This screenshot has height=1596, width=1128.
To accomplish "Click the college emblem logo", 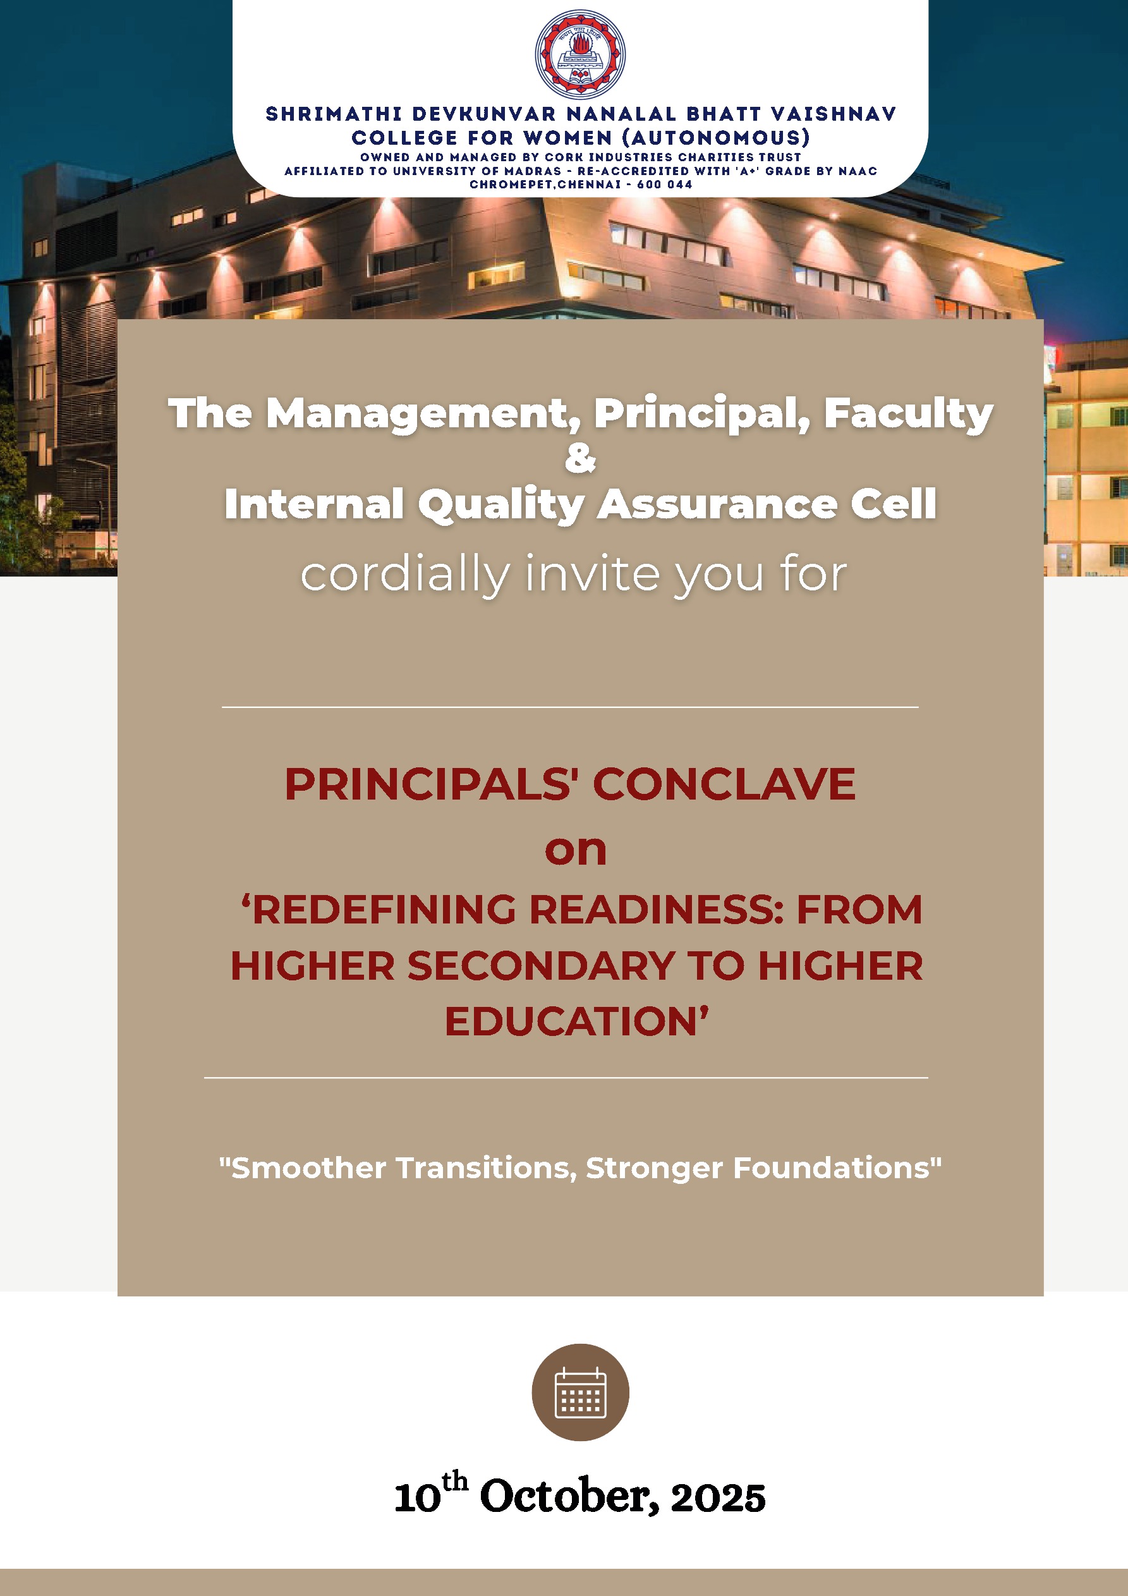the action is click(579, 54).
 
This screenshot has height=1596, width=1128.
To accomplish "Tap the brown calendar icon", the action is click(580, 1392).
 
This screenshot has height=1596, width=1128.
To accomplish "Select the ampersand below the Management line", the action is click(580, 458).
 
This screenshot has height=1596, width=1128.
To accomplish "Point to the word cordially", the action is click(405, 574).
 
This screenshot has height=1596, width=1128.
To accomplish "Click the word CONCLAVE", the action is click(724, 784).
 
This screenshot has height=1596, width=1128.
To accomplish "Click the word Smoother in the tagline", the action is click(308, 1168).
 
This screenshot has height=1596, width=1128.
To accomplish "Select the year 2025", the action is click(718, 1498).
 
